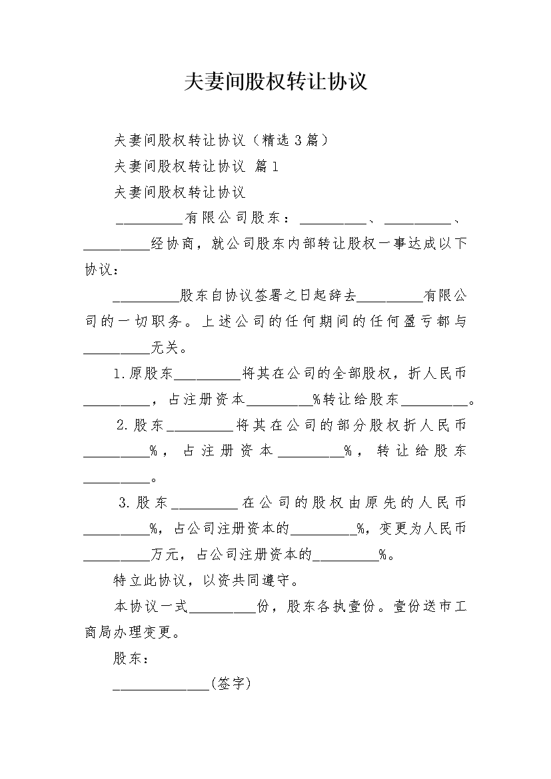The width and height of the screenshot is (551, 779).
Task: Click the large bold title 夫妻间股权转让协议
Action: click(x=276, y=82)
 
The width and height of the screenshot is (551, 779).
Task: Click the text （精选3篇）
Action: click(x=288, y=140)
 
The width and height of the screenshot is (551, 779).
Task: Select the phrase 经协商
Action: click(x=172, y=244)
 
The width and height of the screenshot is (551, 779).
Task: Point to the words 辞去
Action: click(x=342, y=296)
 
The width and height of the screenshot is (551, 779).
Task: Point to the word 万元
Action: click(x=165, y=555)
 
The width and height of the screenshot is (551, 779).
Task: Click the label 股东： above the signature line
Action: click(x=131, y=658)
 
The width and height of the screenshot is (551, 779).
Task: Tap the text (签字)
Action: click(x=231, y=684)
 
